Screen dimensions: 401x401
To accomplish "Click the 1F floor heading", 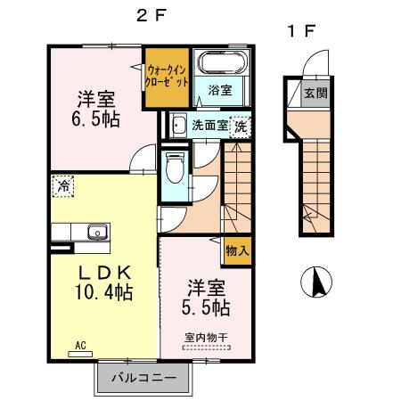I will point(300,31).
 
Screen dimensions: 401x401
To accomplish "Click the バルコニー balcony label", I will point(143,379).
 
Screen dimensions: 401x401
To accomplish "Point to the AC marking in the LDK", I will point(79,345).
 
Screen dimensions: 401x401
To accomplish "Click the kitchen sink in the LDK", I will point(96,233).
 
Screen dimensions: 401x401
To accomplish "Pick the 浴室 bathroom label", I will point(220,90).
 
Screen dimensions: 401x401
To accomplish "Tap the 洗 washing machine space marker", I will point(241,127).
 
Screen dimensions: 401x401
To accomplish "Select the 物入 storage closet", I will point(237,252).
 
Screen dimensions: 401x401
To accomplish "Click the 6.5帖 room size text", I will point(95,118).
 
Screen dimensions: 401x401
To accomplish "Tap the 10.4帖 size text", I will point(104,292).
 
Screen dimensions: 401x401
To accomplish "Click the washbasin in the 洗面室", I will point(177,126).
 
